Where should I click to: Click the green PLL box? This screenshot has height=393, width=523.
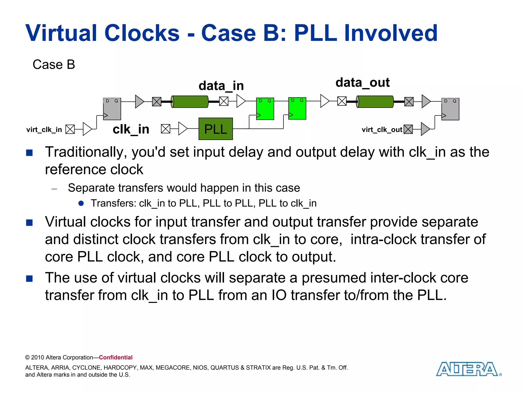coord(216,129)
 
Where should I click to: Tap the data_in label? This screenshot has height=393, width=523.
coord(221,86)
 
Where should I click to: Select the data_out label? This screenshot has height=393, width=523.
coord(362,83)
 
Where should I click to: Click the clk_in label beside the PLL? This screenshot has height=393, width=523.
coord(131,129)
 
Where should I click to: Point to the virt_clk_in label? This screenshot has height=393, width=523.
coord(44,130)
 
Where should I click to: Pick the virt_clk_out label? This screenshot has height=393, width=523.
coord(382,130)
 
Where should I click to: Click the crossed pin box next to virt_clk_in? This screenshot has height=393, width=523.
coord(70,129)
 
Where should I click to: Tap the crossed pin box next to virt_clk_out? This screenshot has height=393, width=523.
coord(408,129)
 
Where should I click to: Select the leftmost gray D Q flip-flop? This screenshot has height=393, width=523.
coord(112,109)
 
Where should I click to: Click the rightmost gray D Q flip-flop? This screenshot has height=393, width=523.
coord(450,109)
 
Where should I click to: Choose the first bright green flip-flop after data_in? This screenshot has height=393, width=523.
coord(265,109)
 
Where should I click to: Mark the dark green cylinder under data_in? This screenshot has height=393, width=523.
coord(190,102)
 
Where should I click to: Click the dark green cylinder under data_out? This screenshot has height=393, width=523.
coord(375,102)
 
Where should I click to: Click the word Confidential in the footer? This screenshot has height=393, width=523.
coord(116,357)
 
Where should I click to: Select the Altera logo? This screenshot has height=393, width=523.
coord(468,369)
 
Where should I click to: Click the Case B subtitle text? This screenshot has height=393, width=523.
coord(54,64)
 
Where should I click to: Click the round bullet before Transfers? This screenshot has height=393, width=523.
coord(81,203)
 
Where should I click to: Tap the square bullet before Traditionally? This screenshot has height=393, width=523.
coord(29,153)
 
